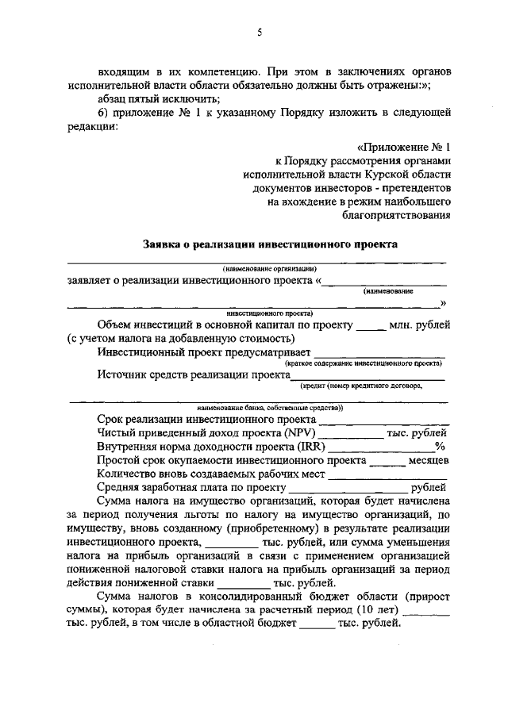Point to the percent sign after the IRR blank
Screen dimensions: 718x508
click(440, 447)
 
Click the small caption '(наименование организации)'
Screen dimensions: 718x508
click(270, 267)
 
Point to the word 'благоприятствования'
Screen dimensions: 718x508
click(397, 213)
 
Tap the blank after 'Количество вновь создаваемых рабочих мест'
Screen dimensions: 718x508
click(388, 475)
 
